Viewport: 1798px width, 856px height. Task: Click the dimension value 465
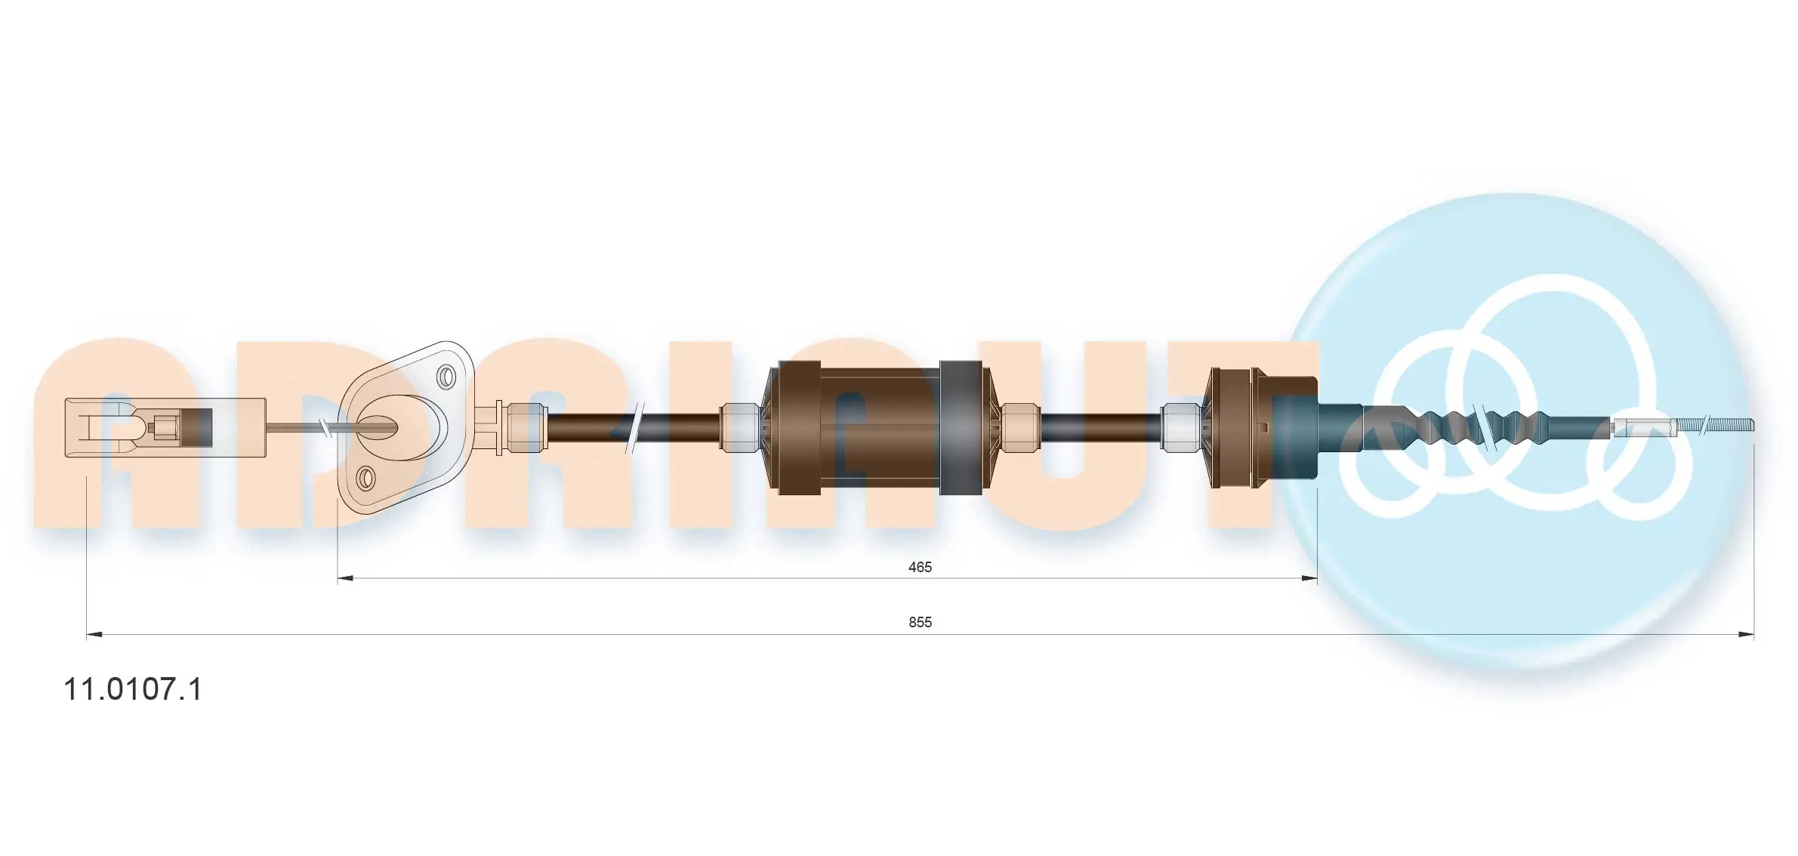tap(919, 567)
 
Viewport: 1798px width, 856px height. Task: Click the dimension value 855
tap(919, 622)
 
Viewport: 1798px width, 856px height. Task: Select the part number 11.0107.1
tap(133, 689)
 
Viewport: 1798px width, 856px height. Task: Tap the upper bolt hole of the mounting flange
tap(446, 376)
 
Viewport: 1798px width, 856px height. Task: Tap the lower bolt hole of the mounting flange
tap(365, 477)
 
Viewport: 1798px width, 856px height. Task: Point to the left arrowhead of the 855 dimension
tap(94, 635)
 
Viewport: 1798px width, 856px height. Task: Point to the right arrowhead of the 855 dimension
tap(1746, 635)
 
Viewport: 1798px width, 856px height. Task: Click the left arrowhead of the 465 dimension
tap(345, 579)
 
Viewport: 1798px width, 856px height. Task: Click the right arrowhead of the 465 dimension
tap(1309, 579)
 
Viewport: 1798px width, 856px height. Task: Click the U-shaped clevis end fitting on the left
tap(113, 427)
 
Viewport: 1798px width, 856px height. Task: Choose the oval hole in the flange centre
tap(378, 427)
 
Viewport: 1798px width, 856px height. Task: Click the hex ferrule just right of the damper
tap(1020, 427)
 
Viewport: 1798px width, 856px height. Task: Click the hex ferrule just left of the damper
tap(740, 427)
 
